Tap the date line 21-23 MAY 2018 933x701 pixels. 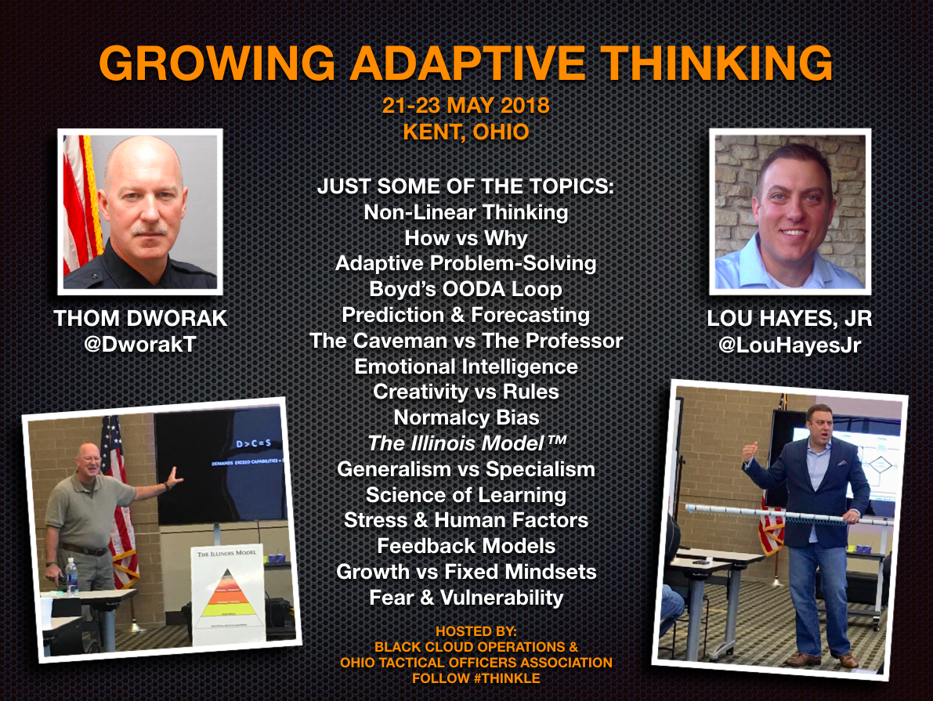coord(465,106)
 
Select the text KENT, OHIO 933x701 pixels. coord(465,132)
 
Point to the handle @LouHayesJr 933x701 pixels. coord(789,345)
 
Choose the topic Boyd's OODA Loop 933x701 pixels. coord(465,289)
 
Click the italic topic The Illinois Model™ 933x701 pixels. coord(466,443)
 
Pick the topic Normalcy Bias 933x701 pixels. coord(466,417)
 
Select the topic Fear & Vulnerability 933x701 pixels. coord(466,598)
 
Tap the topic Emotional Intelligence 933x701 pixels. coord(466,367)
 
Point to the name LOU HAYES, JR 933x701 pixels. coord(789,320)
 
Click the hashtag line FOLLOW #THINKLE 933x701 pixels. coord(476,678)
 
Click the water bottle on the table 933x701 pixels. coord(72,576)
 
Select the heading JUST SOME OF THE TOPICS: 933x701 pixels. coord(466,188)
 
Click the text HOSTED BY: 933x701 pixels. coord(476,631)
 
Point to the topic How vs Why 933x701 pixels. coord(466,238)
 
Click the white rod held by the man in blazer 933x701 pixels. coord(783,515)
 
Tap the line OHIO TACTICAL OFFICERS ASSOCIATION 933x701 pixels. coord(476,663)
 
